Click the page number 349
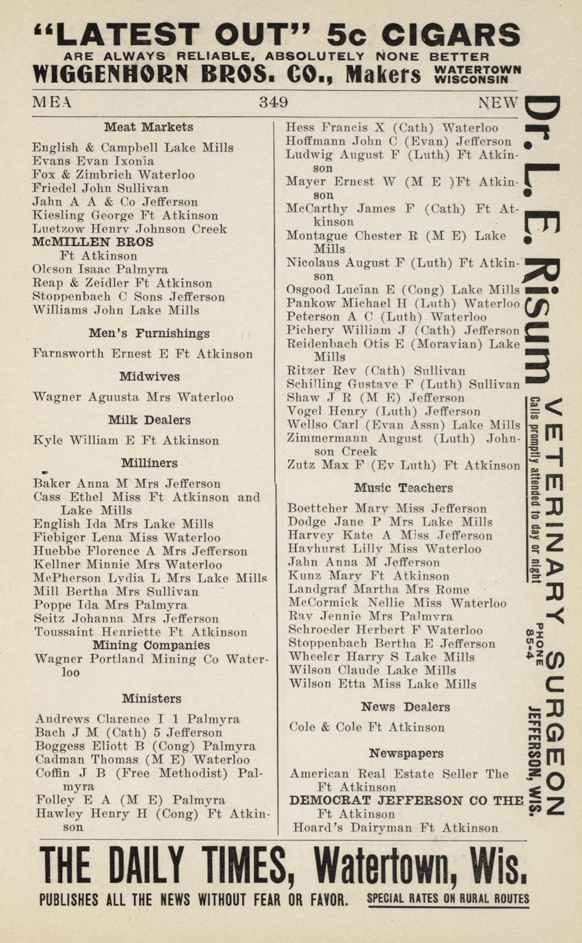(273, 103)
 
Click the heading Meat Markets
(148, 127)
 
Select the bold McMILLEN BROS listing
(93, 242)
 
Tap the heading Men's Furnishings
(148, 333)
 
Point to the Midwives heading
(149, 377)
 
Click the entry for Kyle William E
(126, 441)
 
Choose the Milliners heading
(149, 463)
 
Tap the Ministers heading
(151, 698)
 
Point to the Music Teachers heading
(403, 488)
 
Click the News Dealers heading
(405, 707)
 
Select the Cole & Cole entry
(367, 727)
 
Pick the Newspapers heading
(406, 753)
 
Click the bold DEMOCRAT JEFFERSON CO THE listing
(406, 800)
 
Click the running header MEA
(52, 103)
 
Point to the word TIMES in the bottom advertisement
(228, 866)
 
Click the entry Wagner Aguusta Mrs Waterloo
(133, 397)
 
